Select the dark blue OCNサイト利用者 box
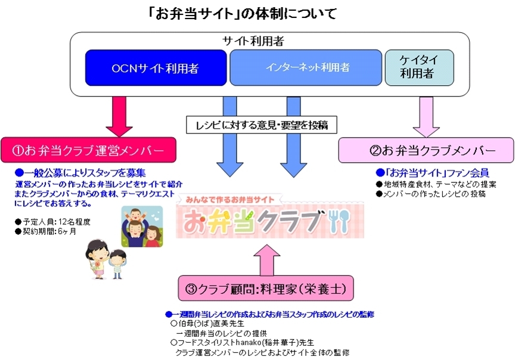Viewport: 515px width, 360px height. [156, 68]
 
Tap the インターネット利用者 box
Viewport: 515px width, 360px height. [305, 68]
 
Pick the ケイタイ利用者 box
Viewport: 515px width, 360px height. [419, 68]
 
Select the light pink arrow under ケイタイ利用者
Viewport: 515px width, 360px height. [427, 117]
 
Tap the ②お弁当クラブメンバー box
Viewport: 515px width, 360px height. [426, 150]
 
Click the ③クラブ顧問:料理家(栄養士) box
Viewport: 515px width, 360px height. [265, 290]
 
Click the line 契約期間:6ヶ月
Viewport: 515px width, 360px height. [45, 231]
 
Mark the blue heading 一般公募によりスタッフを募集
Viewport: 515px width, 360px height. [80, 173]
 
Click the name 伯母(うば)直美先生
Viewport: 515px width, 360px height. [203, 324]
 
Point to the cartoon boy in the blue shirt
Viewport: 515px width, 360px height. [117, 262]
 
